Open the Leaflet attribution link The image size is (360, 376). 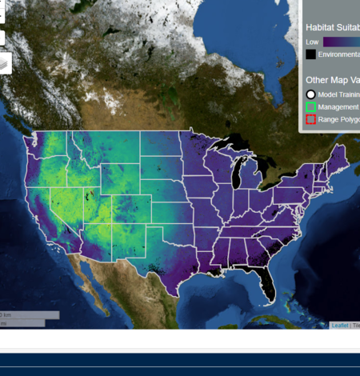pos(339,326)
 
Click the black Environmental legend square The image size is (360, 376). pos(310,54)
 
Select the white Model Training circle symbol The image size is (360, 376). pos(310,94)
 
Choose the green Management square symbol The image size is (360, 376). pos(310,106)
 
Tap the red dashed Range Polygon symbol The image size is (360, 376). pos(310,119)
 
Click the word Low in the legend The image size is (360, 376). pos(312,41)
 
